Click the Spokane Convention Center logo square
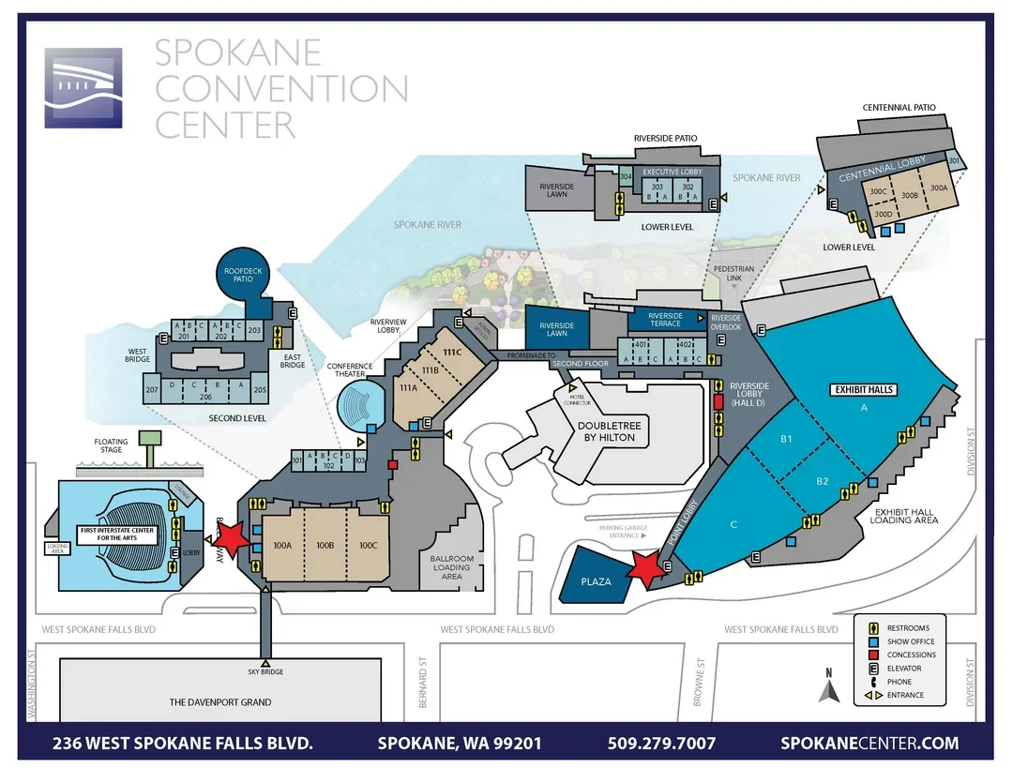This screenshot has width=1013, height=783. click(83, 88)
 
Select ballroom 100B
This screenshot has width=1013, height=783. click(325, 545)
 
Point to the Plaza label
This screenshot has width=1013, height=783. click(596, 581)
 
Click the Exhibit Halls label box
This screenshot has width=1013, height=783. click(864, 388)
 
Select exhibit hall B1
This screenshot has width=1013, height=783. click(787, 438)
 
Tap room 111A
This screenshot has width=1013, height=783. click(409, 387)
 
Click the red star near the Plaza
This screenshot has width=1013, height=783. click(646, 566)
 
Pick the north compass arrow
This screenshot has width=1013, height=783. click(828, 692)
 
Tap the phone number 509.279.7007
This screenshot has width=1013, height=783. click(661, 743)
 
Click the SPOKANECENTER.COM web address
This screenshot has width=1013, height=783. click(869, 743)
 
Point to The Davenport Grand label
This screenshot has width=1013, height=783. click(220, 701)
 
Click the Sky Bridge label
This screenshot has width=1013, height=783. click(265, 672)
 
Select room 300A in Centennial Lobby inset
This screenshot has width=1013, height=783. click(938, 188)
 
